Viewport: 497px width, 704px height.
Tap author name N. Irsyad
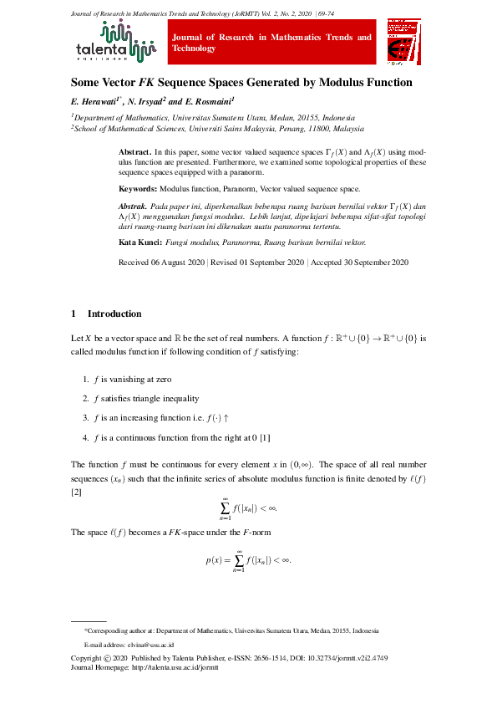click(147, 101)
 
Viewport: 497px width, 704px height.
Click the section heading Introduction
click(114, 314)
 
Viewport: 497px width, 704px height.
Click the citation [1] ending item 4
click(265, 437)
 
